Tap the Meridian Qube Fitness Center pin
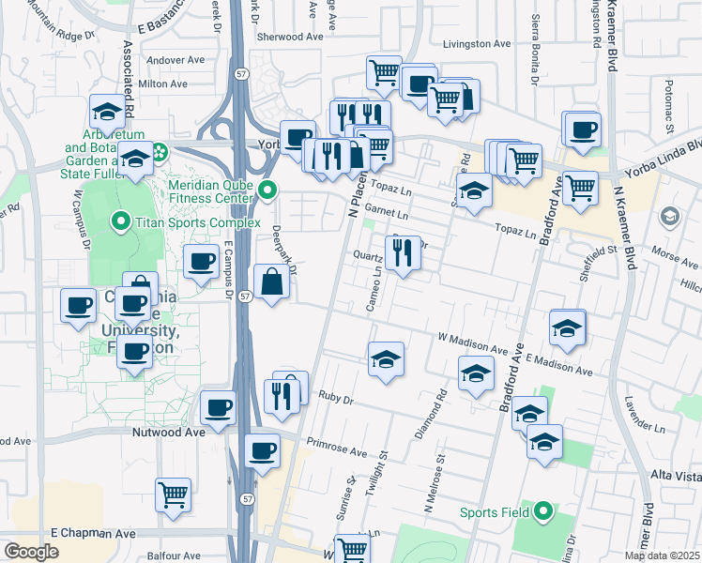(x=267, y=191)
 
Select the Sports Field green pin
(x=542, y=512)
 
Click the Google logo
(x=32, y=552)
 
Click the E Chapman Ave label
(x=92, y=533)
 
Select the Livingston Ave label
(x=477, y=44)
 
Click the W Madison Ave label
(x=471, y=339)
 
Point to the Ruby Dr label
(x=335, y=398)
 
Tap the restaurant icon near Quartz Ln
(x=403, y=253)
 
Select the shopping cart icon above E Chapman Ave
(x=172, y=495)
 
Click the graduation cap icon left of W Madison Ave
(x=386, y=359)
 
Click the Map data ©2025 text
(x=662, y=555)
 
